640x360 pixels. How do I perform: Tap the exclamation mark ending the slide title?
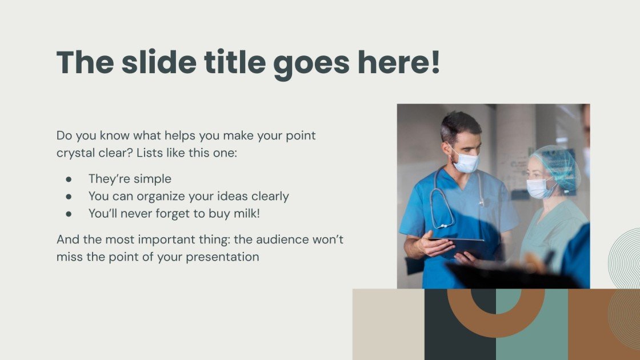435,62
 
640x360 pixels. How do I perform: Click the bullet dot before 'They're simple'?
69,179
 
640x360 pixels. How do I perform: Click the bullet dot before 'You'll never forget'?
69,214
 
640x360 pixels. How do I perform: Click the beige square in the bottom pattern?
388,325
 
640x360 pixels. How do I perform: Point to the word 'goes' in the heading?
311,65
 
